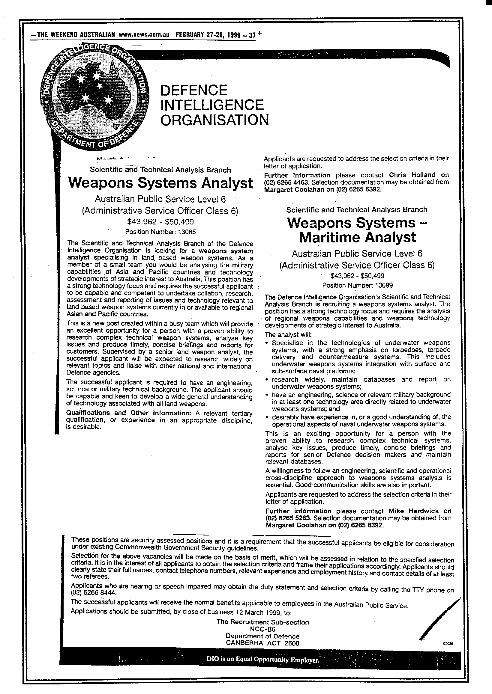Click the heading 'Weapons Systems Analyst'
pos(160,183)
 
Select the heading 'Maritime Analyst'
pos(358,238)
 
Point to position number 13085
pos(186,232)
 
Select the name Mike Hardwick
pos(413,511)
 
